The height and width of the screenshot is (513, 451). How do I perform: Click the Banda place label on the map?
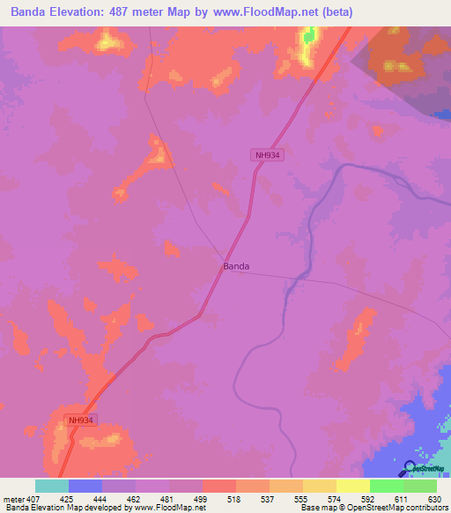(235, 266)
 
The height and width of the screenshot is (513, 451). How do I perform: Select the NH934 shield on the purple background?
(269, 155)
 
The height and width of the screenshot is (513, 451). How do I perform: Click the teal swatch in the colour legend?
(51, 486)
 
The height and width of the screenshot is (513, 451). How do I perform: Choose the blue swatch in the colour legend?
(85, 486)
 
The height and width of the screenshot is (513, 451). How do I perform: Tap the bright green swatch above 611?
(386, 486)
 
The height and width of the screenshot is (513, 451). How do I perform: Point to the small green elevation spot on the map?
(309, 35)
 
